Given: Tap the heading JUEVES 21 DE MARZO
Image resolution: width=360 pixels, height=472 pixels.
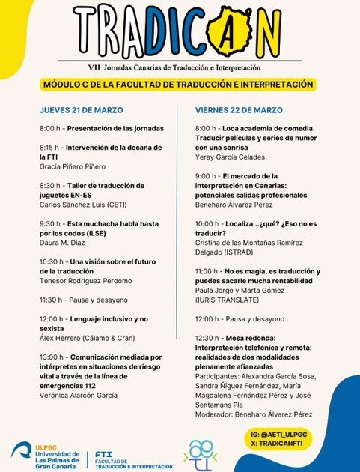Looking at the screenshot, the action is (81, 110).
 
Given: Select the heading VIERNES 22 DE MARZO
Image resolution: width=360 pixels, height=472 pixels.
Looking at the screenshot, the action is (239, 110).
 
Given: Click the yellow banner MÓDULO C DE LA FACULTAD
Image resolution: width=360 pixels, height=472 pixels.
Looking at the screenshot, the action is (178, 85).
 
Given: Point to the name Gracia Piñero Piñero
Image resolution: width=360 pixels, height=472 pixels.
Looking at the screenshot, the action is (73, 166).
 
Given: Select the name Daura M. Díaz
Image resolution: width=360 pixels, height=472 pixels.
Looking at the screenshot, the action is (62, 242).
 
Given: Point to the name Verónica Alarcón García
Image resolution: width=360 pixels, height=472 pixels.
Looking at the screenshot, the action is (79, 395).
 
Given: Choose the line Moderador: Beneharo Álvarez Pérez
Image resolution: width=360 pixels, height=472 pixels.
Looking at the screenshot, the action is (253, 414).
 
